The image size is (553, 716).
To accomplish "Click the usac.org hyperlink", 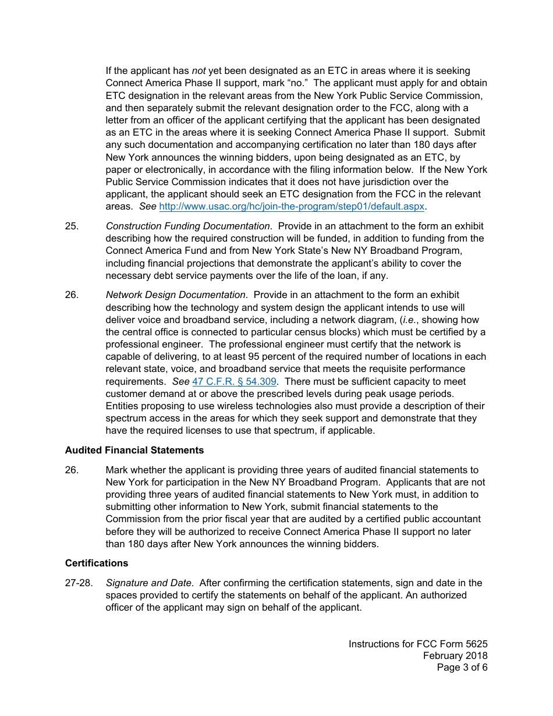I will tap(292, 207).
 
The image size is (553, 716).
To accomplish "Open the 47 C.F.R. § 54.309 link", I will tap(234, 382).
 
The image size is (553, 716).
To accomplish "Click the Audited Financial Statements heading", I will tap(134, 450).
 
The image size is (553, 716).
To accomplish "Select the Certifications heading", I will tap(97, 563).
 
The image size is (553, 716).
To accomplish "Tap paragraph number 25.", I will tap(72, 226).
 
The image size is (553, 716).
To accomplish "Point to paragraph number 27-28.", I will tap(79, 583).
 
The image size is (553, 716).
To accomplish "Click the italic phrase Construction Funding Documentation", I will tap(187, 226).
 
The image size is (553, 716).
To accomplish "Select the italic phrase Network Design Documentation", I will tap(175, 295).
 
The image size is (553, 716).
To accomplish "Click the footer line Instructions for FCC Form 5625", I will tap(418, 644).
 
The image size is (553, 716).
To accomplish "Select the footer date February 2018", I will tap(455, 655).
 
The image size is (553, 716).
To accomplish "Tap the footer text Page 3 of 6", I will tap(462, 667).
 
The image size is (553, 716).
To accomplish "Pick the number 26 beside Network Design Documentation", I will tap(72, 295).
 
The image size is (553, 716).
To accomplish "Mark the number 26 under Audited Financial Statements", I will tap(72, 470).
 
